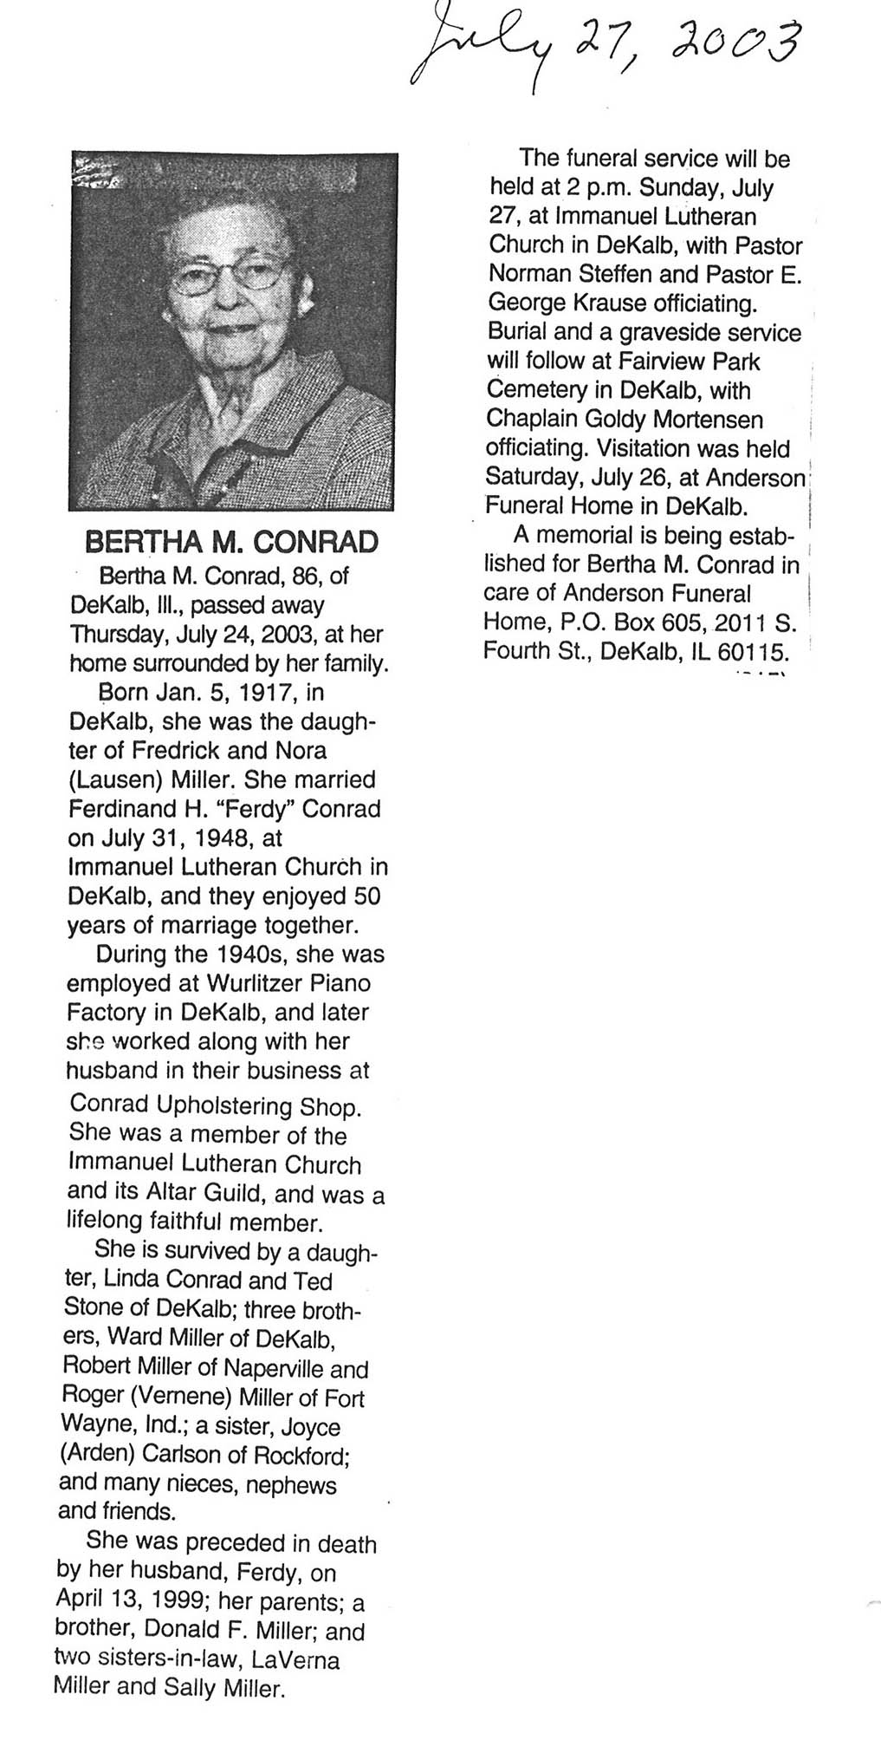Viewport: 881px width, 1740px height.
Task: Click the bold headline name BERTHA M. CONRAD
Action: pyautogui.click(x=230, y=543)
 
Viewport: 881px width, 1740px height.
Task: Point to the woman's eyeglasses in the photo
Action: pyautogui.click(x=229, y=277)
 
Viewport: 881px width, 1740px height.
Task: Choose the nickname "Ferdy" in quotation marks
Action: pyautogui.click(x=262, y=809)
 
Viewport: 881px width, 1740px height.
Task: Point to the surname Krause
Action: pyautogui.click(x=625, y=303)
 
